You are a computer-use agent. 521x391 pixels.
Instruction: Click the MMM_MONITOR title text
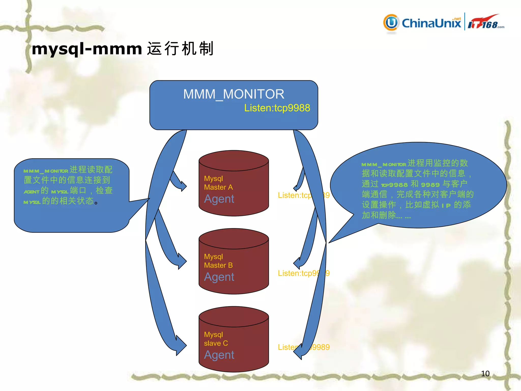[x=234, y=94]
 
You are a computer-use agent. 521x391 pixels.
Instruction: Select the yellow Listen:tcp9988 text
[x=277, y=108]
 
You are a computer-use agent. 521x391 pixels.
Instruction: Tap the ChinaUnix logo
[x=422, y=23]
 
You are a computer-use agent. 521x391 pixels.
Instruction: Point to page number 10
[x=485, y=373]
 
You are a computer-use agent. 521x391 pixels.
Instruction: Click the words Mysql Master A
[x=218, y=183]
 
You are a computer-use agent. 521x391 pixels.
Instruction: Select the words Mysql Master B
[x=218, y=261]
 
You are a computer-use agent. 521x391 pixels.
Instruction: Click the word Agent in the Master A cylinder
[x=219, y=199]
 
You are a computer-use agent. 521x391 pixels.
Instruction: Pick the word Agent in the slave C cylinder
[x=219, y=355]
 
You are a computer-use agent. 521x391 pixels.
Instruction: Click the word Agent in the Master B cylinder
[x=219, y=277]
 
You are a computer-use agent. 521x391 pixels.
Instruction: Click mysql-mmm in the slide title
[x=87, y=49]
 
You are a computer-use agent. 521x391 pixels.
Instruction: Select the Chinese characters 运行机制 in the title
[x=180, y=49]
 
